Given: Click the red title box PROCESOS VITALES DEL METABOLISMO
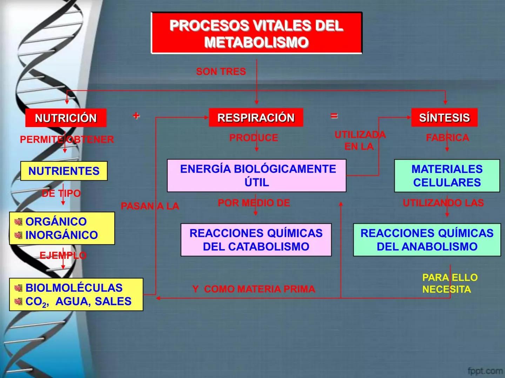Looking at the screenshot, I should pos(256,34).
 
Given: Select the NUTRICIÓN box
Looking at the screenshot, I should pos(66,118).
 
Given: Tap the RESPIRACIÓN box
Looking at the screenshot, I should pos(256,118).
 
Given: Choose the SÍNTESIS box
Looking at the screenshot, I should pos(444,118).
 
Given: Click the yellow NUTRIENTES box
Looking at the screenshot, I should pos(64,171).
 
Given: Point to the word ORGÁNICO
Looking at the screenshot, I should pos(56,222).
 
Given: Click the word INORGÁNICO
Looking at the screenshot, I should pos(62,235).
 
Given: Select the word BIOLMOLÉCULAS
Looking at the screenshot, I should pos(74,288).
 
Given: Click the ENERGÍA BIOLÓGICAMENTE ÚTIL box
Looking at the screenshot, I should pos(256,175).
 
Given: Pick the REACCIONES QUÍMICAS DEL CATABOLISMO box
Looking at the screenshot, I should pos(256,240).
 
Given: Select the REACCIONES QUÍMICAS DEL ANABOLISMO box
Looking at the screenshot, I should pos(427,240).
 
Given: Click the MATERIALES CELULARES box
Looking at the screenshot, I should pos(447,176).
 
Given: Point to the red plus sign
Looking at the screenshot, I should pos(136,115).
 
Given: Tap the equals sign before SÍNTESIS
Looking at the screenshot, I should pos(334,115).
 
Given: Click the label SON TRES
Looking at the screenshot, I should pos(221,71).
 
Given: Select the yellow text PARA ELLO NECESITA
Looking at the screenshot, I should pos(450,283).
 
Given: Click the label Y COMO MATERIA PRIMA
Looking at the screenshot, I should pos(254,289).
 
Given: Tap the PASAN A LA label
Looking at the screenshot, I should pos(150,206).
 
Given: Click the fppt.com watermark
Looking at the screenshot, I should pos(485,370).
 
